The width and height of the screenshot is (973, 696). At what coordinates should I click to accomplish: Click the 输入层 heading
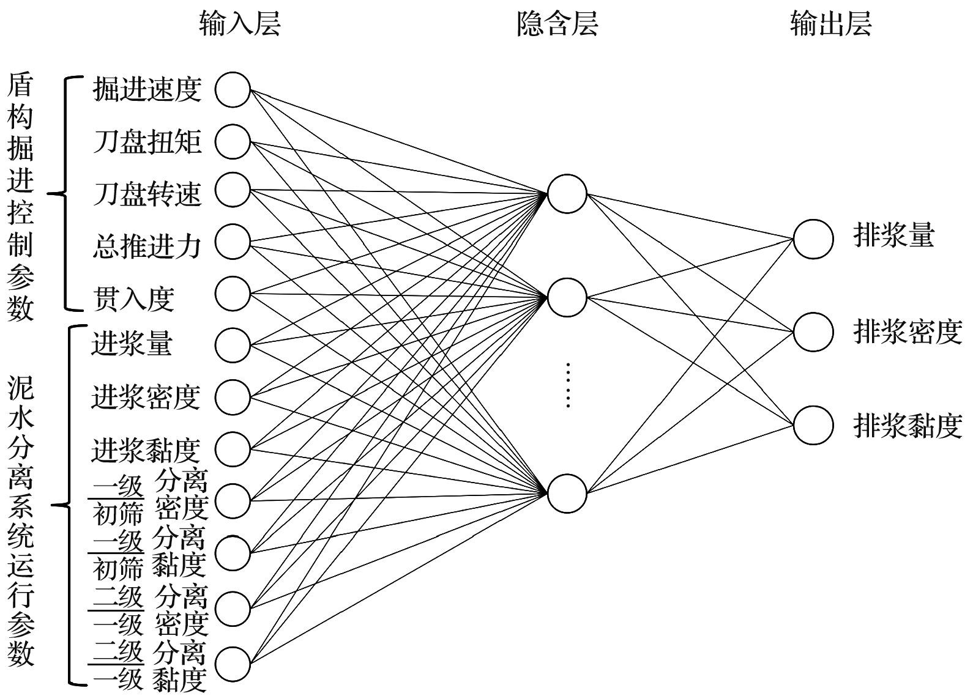click(x=240, y=24)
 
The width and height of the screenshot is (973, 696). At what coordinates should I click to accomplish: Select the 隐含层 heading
click(x=557, y=24)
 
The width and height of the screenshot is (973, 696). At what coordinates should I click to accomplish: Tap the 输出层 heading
click(x=830, y=24)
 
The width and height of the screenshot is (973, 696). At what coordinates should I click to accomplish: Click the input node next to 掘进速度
click(x=233, y=89)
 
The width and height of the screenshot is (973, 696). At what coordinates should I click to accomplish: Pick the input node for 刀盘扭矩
click(x=233, y=141)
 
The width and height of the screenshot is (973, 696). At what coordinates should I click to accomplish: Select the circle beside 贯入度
click(x=233, y=293)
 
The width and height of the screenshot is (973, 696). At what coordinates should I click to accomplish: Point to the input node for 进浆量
click(x=233, y=344)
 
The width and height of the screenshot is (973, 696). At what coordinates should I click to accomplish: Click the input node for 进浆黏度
click(x=233, y=449)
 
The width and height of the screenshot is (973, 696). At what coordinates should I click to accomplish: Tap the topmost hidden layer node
click(x=567, y=194)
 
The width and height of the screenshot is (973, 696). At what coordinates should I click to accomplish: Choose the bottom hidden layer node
click(x=567, y=493)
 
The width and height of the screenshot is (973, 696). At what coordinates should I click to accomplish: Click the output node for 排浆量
click(x=813, y=239)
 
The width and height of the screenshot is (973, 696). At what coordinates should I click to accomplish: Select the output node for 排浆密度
click(x=813, y=332)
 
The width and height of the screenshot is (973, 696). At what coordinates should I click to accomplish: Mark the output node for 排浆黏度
click(x=813, y=425)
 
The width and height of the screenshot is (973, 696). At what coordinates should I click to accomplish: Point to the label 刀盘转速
click(x=147, y=193)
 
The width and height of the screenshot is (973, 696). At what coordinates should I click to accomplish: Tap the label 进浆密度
click(x=146, y=396)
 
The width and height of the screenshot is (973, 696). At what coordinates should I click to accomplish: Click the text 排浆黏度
click(x=908, y=426)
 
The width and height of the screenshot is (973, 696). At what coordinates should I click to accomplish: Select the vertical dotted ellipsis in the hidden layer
click(x=568, y=385)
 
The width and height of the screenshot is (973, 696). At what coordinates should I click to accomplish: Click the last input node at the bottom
click(x=233, y=664)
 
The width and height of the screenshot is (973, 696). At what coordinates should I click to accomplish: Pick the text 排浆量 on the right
click(x=894, y=235)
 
